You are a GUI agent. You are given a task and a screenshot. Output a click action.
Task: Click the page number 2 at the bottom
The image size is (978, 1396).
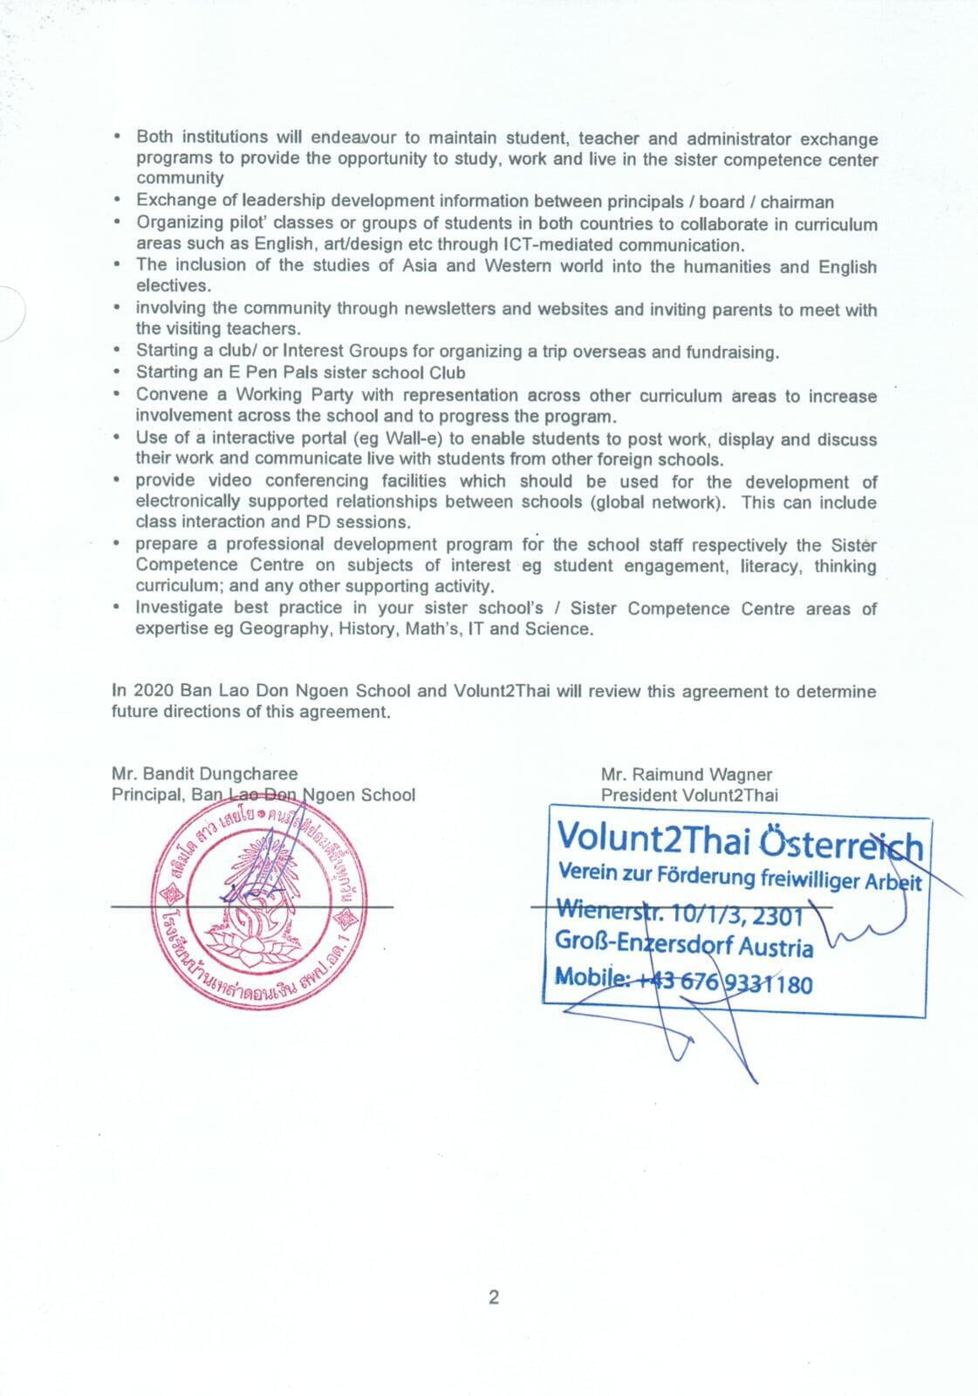pyautogui.click(x=494, y=1297)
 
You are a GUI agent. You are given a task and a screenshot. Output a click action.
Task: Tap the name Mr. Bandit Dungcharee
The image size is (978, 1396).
pyautogui.click(x=204, y=773)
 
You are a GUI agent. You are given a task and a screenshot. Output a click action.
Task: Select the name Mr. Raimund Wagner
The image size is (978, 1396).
pyautogui.click(x=686, y=773)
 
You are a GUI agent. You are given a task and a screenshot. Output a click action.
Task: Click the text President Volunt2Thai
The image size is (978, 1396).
pyautogui.click(x=689, y=794)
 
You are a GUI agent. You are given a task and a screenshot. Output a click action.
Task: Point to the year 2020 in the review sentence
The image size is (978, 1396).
pyautogui.click(x=154, y=691)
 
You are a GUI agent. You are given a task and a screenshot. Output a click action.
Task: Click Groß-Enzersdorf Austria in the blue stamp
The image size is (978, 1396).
pyautogui.click(x=684, y=946)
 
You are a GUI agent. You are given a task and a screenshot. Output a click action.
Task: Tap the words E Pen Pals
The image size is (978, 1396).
pyautogui.click(x=280, y=373)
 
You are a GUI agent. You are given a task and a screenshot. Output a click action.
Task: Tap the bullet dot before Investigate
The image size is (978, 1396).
pyautogui.click(x=117, y=607)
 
